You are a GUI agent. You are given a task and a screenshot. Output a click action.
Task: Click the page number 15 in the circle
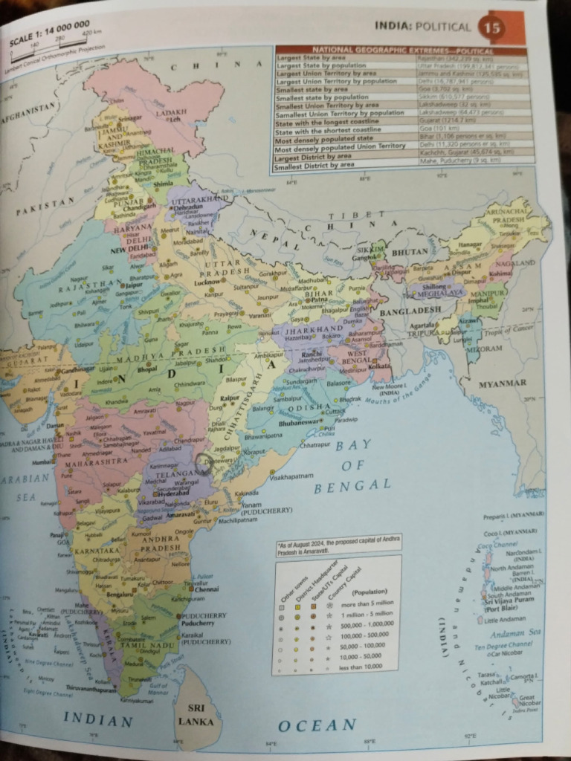coord(492,28)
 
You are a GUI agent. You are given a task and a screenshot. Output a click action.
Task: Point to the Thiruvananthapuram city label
coord(93,689)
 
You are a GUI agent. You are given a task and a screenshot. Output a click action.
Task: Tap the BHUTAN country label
coord(410,252)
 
